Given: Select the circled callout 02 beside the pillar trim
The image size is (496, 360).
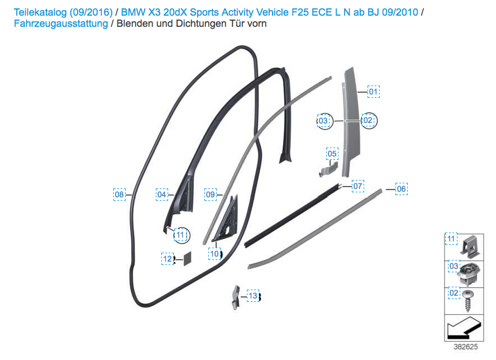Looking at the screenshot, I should tap(368, 120).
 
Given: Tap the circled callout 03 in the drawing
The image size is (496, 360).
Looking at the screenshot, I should tap(323, 121).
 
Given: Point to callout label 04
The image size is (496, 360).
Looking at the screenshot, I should tap(162, 195).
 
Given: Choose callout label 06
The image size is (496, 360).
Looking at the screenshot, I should tap(401, 189).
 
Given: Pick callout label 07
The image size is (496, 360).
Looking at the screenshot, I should tap(357, 186).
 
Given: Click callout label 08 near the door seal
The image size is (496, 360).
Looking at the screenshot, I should tap(120, 195).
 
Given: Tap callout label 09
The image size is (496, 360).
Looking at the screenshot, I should tap(210, 195).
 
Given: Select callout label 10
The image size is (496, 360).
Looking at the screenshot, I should tap(215, 253).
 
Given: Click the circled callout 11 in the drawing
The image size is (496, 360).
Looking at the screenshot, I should tap(180, 235).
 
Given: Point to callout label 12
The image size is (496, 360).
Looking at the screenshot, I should tap(168, 259).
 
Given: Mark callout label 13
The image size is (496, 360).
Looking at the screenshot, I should tap(253, 296).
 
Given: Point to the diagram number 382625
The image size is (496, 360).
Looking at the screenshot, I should tap(465, 347).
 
